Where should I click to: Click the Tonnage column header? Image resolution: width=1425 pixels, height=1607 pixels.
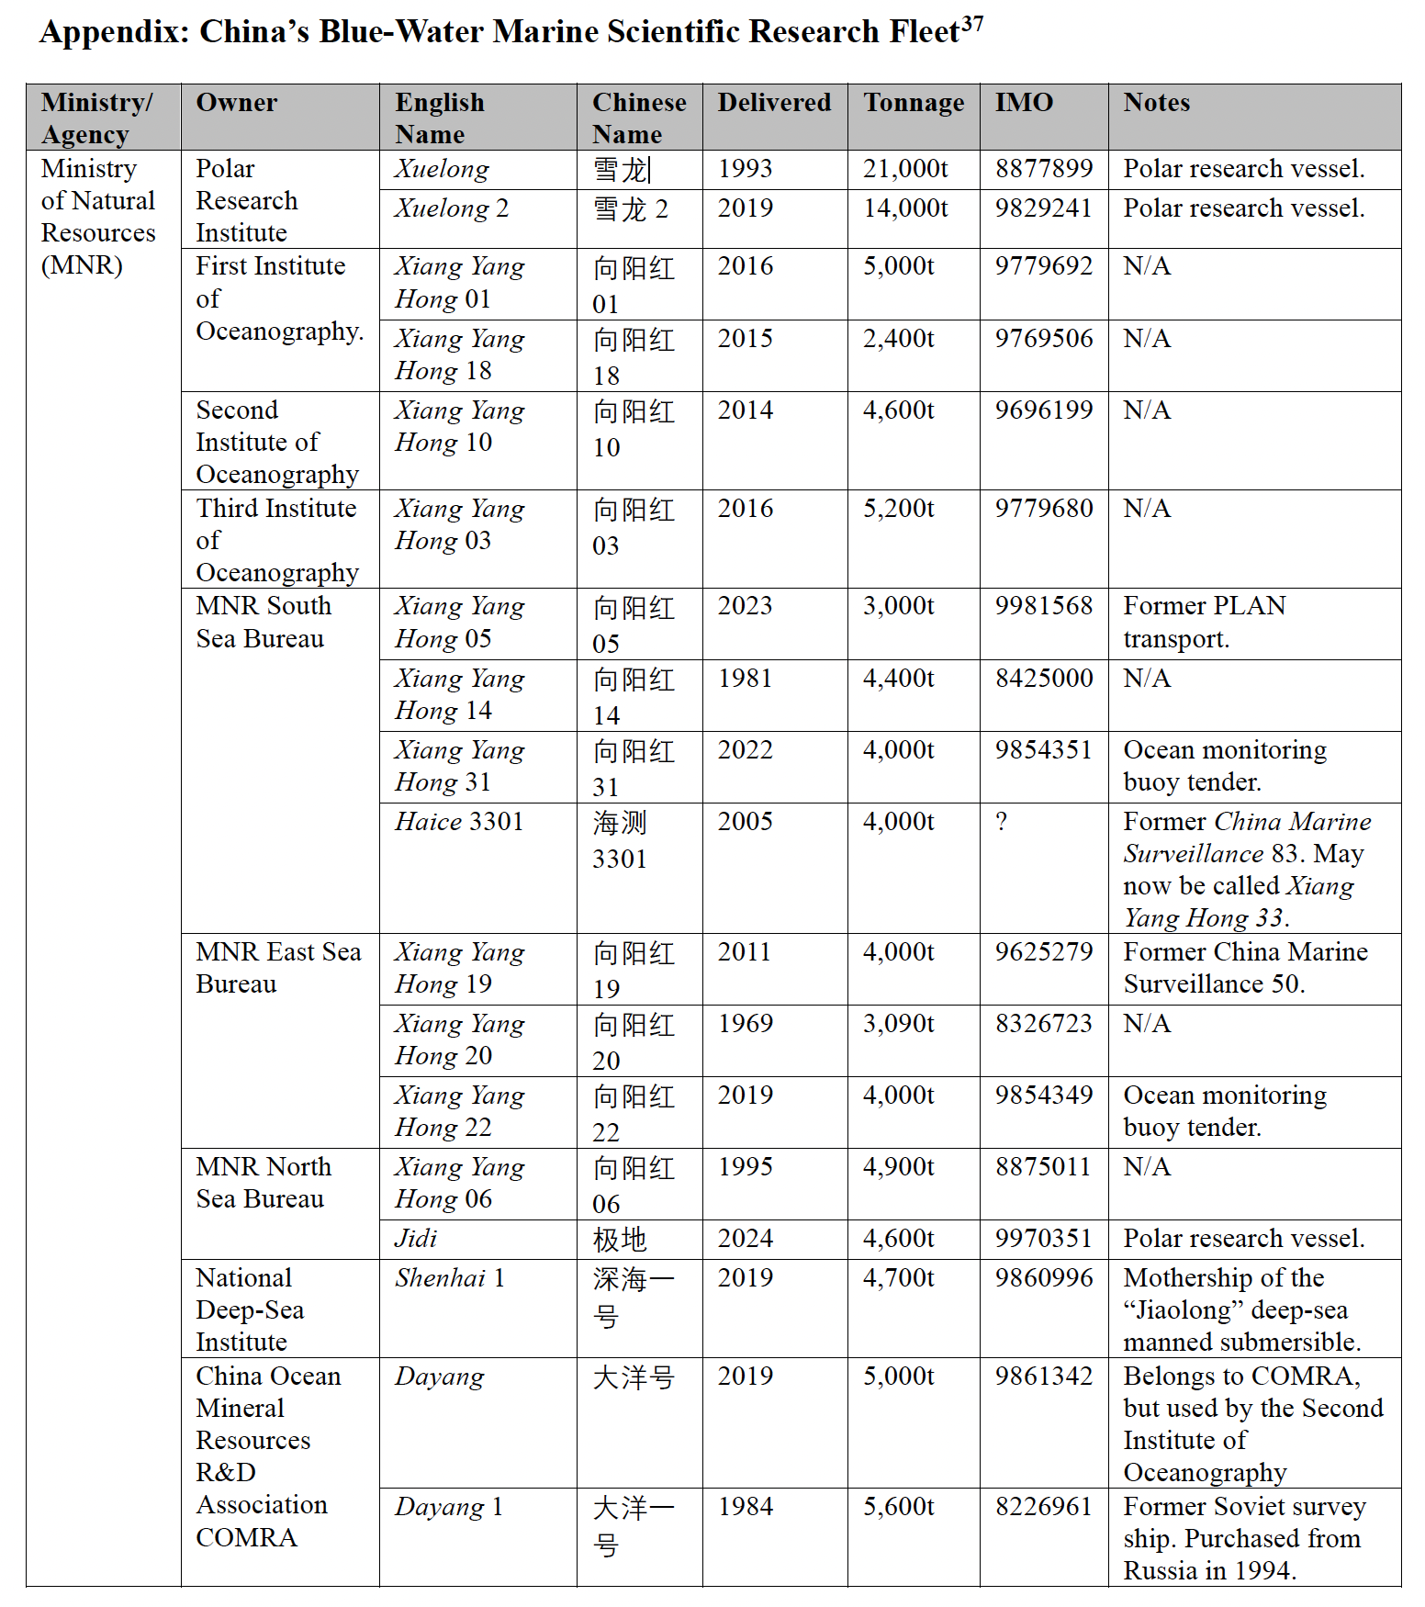[x=914, y=103]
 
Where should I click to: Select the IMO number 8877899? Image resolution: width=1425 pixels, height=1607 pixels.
[x=1044, y=169]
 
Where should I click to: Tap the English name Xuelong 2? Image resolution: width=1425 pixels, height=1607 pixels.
[x=451, y=208]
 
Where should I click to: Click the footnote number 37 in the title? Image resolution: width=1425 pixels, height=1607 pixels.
[x=971, y=24]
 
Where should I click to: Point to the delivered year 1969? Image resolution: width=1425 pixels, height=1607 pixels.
[x=746, y=1024]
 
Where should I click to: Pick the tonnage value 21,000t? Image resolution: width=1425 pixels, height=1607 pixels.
[x=905, y=169]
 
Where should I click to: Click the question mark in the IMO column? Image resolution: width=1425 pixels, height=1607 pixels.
[x=1002, y=822]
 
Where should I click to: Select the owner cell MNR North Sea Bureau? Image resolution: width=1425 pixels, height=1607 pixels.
[x=264, y=1183]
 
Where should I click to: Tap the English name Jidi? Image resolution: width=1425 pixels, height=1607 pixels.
[x=416, y=1239]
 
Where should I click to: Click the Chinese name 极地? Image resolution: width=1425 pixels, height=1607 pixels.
[x=620, y=1240]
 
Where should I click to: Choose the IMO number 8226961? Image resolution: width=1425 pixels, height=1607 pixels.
[x=1044, y=1507]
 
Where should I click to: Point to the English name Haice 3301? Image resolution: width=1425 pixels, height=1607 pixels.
[x=459, y=822]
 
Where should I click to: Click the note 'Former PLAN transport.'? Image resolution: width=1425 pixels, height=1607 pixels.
[x=1204, y=623]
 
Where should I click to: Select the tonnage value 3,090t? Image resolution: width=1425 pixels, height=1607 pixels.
[x=898, y=1024]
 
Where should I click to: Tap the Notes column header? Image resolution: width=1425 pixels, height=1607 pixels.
[x=1156, y=103]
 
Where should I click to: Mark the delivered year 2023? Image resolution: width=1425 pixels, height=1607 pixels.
[x=746, y=606]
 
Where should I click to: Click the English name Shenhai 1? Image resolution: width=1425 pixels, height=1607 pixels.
[x=450, y=1278]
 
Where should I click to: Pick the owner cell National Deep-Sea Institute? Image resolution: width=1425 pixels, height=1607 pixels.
[x=250, y=1310]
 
